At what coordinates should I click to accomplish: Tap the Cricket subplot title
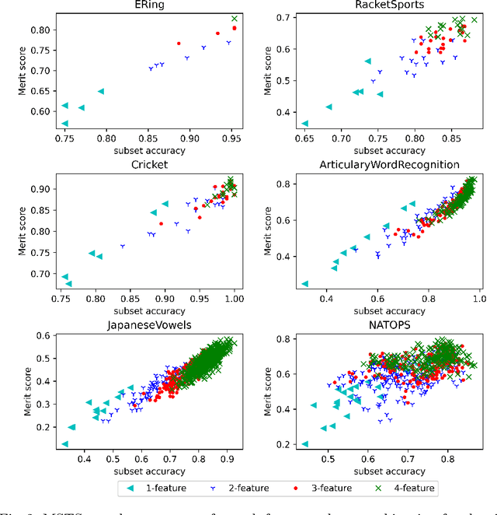149,164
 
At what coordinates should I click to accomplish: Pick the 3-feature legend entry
326,489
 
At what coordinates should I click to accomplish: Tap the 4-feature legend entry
410,489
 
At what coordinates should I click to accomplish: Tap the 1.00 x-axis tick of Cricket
234,298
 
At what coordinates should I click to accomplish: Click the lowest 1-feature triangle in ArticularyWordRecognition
304,284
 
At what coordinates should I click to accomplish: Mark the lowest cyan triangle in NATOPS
305,444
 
